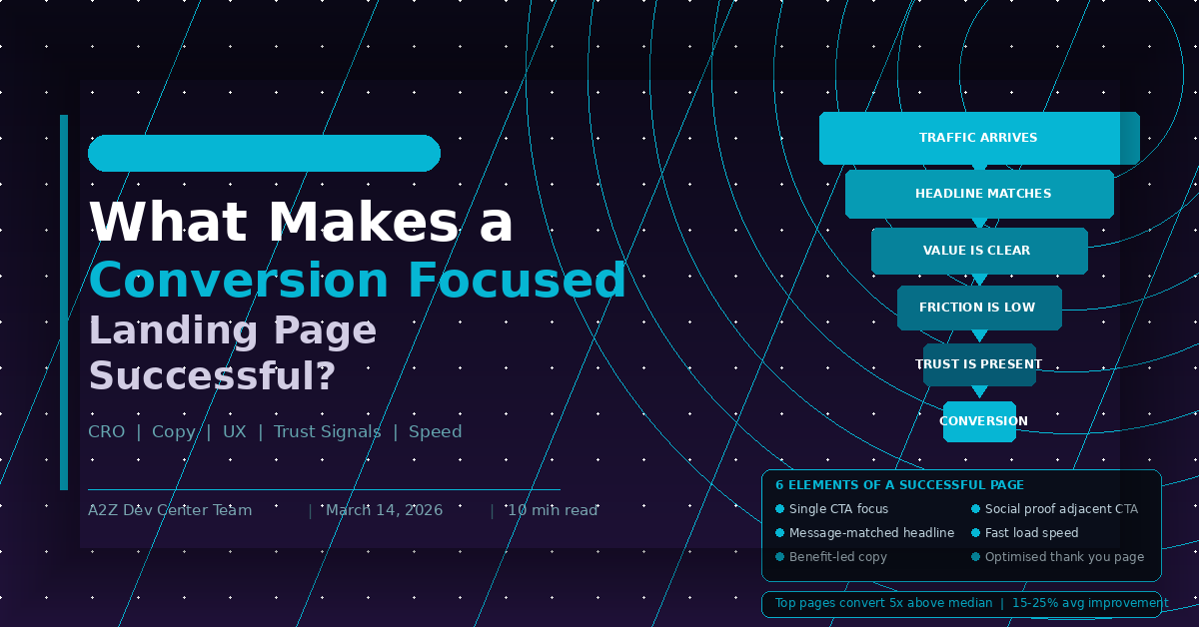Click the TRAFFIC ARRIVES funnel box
tap(978, 138)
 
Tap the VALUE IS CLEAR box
tap(978, 251)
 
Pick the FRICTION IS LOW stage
tap(978, 308)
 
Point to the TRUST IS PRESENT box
tap(979, 364)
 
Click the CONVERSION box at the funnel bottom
tap(980, 421)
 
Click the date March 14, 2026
tap(384, 510)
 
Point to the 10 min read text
tap(552, 510)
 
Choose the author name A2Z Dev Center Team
tap(170, 510)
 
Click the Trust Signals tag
tap(328, 432)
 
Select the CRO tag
tap(107, 432)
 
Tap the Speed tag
tap(435, 432)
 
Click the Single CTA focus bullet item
tap(837, 509)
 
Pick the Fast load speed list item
tap(1031, 533)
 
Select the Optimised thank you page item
tap(1064, 557)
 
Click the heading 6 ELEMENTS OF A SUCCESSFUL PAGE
tap(899, 485)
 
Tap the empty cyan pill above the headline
tap(264, 153)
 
